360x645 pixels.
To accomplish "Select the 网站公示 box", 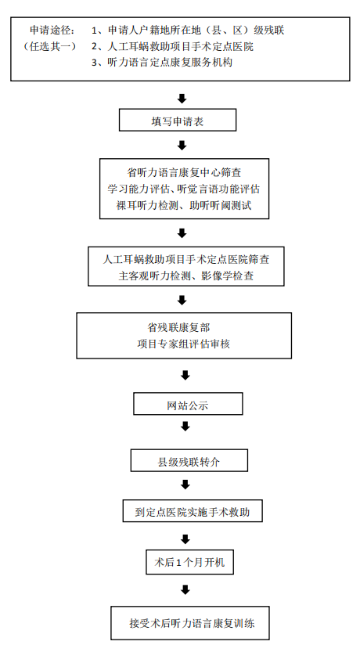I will click(188, 404).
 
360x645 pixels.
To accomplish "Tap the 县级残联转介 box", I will click(189, 460).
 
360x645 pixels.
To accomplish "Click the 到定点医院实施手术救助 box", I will click(192, 511).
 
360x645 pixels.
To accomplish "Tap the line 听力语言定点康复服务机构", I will click(170, 63).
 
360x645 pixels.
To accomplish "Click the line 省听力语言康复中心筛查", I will click(185, 171).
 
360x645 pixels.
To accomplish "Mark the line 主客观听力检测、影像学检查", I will click(185, 276).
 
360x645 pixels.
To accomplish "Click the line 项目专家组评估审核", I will click(182, 343).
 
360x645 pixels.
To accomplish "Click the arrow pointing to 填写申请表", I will click(182, 98).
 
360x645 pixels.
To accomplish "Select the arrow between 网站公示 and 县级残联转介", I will click(185, 427).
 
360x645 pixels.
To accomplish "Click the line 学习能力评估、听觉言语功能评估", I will click(185, 189).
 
